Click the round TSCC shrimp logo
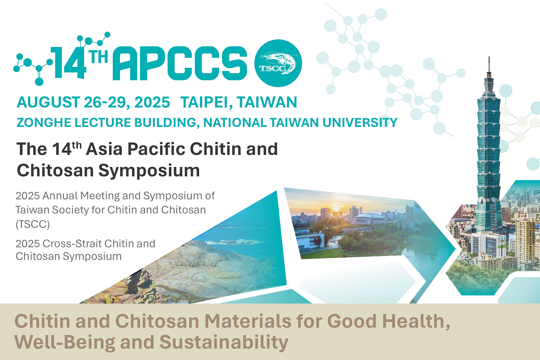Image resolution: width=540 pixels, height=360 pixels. pos(278,63)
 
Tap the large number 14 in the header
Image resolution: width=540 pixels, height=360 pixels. pos(68,63)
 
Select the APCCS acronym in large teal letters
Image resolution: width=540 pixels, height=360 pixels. pos(180,63)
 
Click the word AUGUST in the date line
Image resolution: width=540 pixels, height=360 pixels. pos(48,102)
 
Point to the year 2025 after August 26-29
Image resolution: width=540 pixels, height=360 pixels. pos(152,102)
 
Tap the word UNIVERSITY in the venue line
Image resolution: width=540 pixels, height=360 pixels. pos(360,122)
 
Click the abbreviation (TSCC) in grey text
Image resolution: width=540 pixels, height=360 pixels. pos(32,224)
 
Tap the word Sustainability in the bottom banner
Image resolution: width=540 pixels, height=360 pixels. pos(224,342)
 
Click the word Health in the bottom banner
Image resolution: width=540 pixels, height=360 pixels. pos(416,321)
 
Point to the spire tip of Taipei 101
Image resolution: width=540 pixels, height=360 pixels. pos(489,57)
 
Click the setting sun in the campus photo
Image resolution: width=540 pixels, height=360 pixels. pos(336,208)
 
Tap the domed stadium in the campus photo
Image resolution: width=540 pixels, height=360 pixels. pos(370,218)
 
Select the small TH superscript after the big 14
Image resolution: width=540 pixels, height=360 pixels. pos(98,57)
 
